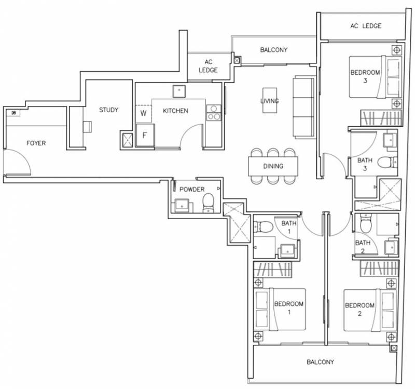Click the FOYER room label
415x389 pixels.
36,143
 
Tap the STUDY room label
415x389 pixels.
108,110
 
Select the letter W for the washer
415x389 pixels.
143,113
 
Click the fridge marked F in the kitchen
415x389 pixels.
145,135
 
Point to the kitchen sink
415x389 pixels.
179,91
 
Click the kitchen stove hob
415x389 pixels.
214,112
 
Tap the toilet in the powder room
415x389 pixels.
209,203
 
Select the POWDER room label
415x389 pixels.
192,190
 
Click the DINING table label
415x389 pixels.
273,166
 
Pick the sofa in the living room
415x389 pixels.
305,106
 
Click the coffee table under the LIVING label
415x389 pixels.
270,100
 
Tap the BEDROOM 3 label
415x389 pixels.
365,76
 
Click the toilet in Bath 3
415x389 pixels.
387,162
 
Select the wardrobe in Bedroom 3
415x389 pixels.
381,118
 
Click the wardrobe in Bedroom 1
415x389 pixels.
273,270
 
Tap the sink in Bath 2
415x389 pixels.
392,247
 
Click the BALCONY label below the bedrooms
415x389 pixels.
320,362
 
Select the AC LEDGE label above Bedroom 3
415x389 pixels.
366,26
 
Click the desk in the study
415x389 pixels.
87,126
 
